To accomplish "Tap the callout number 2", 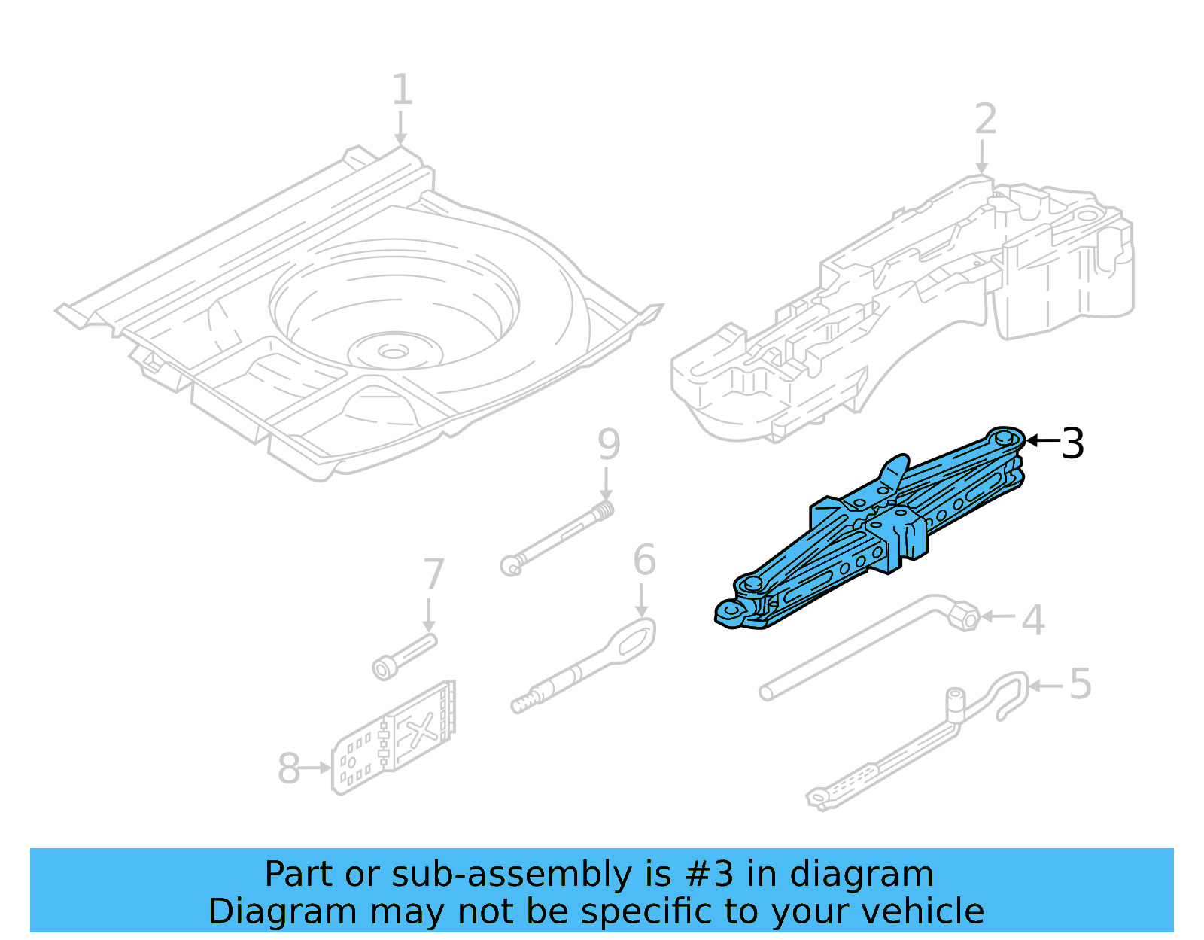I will pyautogui.click(x=985, y=120).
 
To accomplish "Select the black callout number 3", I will pyautogui.click(x=1072, y=443).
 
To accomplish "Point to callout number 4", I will pyautogui.click(x=1034, y=620).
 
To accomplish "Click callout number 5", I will pyautogui.click(x=1080, y=684).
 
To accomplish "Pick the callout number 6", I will pyautogui.click(x=644, y=561).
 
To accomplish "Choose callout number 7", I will pyautogui.click(x=433, y=575).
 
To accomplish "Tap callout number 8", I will pyautogui.click(x=289, y=769).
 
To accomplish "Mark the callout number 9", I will pyautogui.click(x=609, y=444).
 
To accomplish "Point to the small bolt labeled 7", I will pyautogui.click(x=405, y=656).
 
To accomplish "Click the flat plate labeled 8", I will pyautogui.click(x=395, y=738).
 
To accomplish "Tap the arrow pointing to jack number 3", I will pyautogui.click(x=1042, y=440).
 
